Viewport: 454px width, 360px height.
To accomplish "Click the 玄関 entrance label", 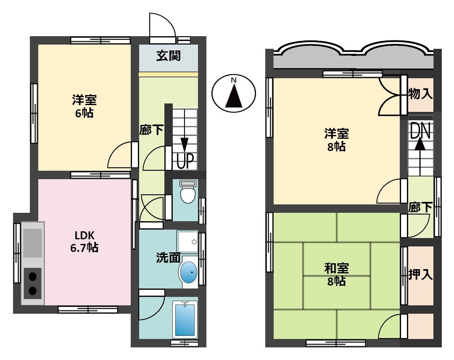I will tap(169, 56).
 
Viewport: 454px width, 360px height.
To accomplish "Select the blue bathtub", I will tap(185, 319).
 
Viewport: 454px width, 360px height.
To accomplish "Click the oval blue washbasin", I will tap(189, 272).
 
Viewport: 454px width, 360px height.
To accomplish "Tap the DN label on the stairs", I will tap(420, 132).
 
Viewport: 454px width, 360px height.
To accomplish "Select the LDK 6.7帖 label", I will tap(84, 242).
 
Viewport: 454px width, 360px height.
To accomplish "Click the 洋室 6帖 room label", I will tap(84, 106).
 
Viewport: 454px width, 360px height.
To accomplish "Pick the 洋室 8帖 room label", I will tap(336, 140).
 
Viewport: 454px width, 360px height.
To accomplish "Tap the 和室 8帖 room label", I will tap(336, 274).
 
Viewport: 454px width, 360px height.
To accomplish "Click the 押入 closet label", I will tap(420, 275).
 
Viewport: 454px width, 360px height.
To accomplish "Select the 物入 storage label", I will tap(420, 94).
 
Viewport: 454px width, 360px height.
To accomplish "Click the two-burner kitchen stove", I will tap(32, 283).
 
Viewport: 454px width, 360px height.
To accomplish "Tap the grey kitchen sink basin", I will tap(32, 243).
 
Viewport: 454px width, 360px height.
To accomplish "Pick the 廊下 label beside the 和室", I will tap(420, 207).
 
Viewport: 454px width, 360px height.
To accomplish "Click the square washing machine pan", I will tap(187, 241).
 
